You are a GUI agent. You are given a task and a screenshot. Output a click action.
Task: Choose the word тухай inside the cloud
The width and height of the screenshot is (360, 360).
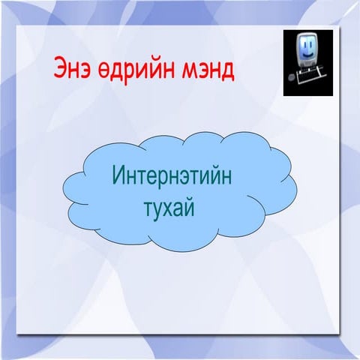pyautogui.click(x=169, y=205)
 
